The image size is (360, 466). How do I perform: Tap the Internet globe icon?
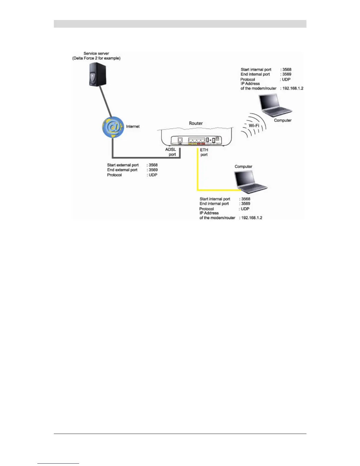coord(113,127)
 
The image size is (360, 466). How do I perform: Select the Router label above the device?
coord(196,123)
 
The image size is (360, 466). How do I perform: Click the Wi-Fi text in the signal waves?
coord(254,125)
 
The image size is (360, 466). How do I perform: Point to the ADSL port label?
coord(171,152)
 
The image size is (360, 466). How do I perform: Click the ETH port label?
coord(204,152)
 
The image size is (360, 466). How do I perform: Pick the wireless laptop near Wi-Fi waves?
coord(275,105)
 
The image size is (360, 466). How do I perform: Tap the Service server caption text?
coord(96,56)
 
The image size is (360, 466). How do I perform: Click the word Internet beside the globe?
coord(133,127)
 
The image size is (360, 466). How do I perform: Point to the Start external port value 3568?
coord(153,165)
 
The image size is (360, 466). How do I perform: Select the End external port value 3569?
coord(153,170)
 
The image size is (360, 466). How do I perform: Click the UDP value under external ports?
coord(153,175)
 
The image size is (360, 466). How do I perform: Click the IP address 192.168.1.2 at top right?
coord(293,88)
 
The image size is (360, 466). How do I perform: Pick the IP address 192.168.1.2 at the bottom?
coord(251,218)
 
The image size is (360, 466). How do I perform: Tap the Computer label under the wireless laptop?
coord(283,120)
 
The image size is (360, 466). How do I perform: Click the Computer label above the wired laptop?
coord(243,167)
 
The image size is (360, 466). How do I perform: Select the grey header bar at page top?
coord(180,24)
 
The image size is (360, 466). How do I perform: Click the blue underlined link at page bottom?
coord(58,463)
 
